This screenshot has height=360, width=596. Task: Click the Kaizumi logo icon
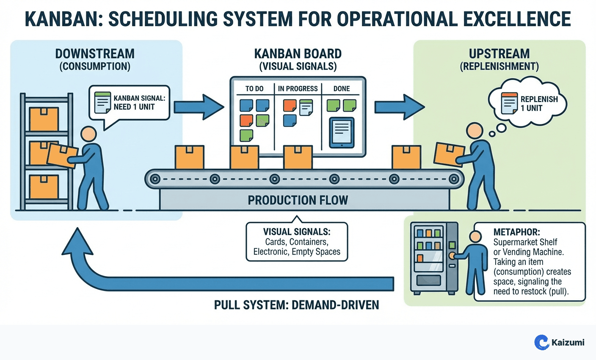pos(541,342)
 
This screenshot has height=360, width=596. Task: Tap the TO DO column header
pos(254,88)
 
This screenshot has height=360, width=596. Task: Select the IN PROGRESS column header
pos(298,88)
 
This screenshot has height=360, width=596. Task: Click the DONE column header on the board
pos(341,88)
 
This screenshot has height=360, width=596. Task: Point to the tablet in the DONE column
pos(341,132)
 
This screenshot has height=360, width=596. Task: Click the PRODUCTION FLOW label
pos(298,200)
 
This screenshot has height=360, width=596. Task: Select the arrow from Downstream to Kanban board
pos(199,107)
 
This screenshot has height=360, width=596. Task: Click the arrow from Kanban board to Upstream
pos(399,107)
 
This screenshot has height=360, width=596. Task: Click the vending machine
pos(434,258)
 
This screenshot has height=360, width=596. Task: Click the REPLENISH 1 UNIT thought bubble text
pos(539,104)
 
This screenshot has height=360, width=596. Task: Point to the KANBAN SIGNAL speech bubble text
pos(139,102)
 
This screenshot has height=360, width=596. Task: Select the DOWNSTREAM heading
pos(95,54)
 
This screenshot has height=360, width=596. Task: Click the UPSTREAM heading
pos(499,54)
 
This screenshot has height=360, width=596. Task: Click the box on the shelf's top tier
pos(44,118)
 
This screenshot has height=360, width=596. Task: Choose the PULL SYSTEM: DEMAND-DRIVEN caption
pos(296,305)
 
